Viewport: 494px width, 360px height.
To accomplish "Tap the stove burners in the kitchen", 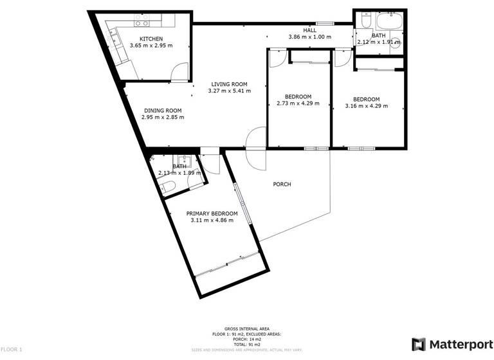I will [x=142, y=24].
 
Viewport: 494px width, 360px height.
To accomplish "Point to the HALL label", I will [x=310, y=30].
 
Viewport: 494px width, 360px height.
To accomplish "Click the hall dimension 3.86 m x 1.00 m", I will [x=310, y=37].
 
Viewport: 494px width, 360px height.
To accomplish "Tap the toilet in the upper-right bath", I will [x=364, y=22].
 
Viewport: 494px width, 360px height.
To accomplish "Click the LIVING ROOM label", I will [x=230, y=84].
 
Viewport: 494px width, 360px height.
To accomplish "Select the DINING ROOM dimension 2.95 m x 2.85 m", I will [x=163, y=117].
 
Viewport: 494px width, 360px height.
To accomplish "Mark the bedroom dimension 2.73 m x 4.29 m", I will [x=298, y=104].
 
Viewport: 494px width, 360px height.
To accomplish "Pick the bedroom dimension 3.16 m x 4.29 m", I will [x=367, y=106].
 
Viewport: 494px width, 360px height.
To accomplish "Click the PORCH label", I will [x=282, y=184].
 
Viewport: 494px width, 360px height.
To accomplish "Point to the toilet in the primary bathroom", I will [x=167, y=187].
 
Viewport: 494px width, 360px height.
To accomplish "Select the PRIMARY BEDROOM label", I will [x=212, y=213].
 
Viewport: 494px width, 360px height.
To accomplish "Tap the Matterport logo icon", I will [x=418, y=344].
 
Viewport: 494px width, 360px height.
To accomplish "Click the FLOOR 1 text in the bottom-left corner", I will [x=12, y=350].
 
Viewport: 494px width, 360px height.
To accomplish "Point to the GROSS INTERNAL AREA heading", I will [x=246, y=328].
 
